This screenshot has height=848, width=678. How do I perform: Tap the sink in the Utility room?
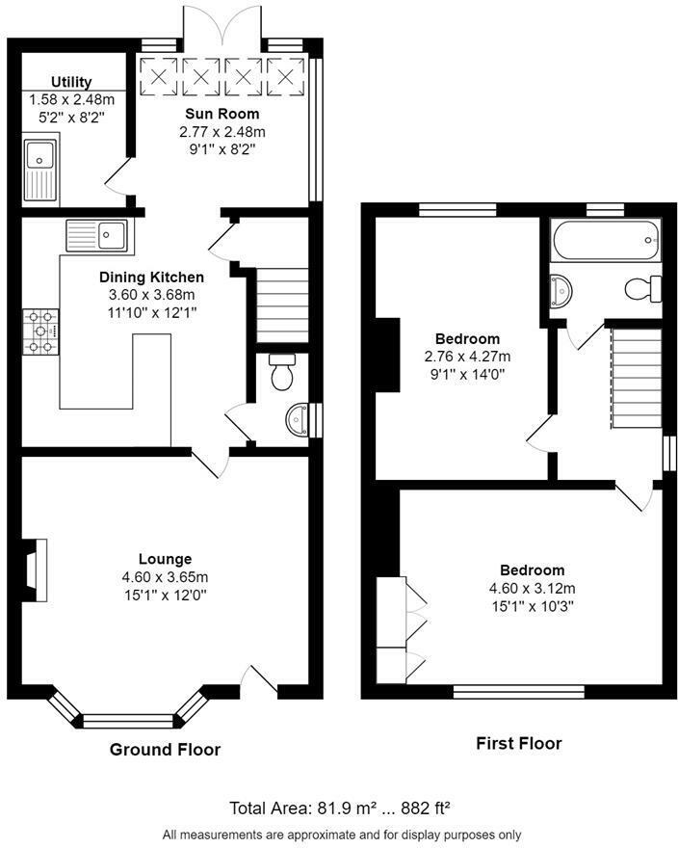tap(40, 169)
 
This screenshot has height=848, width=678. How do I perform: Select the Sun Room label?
tap(222, 114)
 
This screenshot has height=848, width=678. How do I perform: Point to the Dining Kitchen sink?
tap(97, 235)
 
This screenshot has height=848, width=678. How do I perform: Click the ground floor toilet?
tap(282, 371)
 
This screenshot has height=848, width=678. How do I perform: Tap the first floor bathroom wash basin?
tap(561, 288)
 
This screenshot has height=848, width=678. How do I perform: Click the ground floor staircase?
tap(282, 304)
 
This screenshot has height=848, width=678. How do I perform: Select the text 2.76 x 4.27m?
tap(467, 356)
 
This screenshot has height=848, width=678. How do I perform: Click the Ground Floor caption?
tap(165, 749)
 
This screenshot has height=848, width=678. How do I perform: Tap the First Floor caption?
tap(518, 743)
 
